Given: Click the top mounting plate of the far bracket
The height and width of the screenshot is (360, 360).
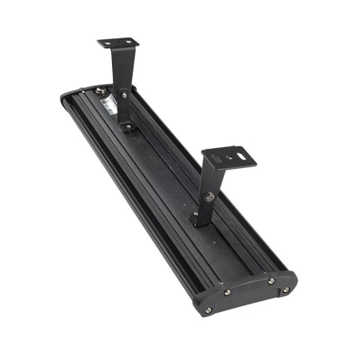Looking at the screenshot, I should tap(119, 42).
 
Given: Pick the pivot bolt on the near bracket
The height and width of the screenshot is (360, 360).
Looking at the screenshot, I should tap(210, 197).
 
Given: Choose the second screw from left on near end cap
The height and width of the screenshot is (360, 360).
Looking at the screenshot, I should tap(226, 291).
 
